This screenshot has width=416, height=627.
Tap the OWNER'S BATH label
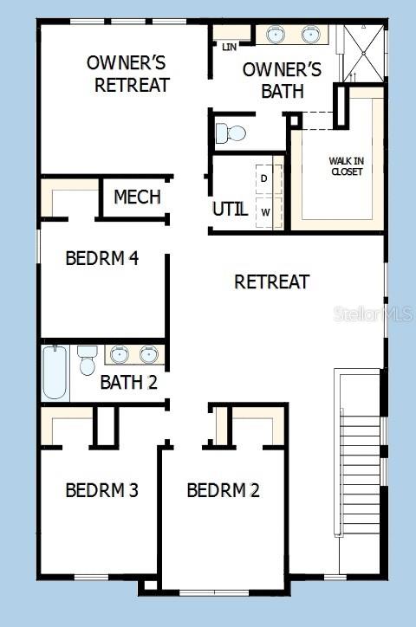point(282,80)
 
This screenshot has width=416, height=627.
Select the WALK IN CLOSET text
point(346,165)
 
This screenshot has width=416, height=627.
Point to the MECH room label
point(137,197)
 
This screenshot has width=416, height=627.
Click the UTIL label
point(230,209)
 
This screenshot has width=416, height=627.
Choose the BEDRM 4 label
point(103,258)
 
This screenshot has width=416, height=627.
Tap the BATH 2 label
point(128,381)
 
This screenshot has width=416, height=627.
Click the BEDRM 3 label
point(101,490)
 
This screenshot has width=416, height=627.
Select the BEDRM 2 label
point(223,490)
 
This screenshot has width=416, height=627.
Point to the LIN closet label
point(230,46)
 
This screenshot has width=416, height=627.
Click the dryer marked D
point(265,178)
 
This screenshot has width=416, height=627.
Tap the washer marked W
point(265,211)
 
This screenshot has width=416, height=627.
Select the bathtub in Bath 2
point(55,372)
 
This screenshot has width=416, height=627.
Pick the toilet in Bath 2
point(87,360)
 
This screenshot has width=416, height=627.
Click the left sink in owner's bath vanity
point(276,36)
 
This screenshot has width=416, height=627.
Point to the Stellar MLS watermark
point(374,313)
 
